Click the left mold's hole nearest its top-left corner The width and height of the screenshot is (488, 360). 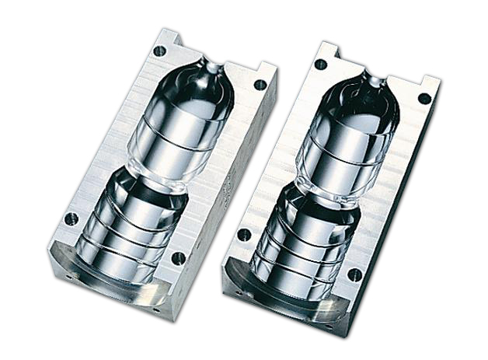coord(159,51)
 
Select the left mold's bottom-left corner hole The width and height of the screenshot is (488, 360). coord(71,219)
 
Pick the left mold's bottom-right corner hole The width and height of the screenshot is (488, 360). coord(178,257)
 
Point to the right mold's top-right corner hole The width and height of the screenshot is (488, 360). coord(424,98)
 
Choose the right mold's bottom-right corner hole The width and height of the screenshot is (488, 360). coord(355,274)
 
